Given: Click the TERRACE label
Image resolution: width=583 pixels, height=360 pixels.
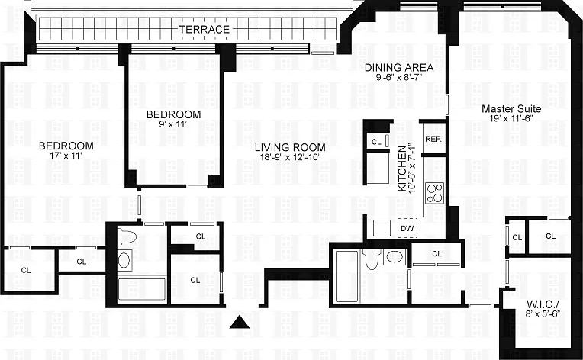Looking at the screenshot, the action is coord(204,29).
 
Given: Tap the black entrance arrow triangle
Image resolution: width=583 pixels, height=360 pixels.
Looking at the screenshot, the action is coord(240,322).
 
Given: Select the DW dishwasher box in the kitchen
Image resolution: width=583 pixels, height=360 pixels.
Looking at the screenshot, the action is coord(407,228).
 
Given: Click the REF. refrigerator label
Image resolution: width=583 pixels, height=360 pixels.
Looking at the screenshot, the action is coord(433,140).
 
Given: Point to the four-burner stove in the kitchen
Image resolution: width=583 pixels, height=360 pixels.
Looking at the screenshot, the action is coord(435,193).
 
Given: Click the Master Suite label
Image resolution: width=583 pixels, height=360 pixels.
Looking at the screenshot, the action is coord(511,109).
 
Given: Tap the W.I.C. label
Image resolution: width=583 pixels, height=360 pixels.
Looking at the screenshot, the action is coord(543,303).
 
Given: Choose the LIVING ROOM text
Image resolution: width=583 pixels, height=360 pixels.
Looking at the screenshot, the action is coord(290,147).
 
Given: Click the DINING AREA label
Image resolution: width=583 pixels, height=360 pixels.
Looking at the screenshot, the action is coord(399,68).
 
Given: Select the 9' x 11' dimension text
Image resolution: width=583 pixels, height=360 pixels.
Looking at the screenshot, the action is coord(173,124).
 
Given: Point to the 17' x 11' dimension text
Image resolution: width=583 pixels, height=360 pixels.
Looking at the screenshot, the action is coord(66,156).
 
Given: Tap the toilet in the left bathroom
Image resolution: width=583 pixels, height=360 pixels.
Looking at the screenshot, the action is coord(127,236).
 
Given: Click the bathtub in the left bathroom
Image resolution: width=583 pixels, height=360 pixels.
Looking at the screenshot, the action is coord(142,289).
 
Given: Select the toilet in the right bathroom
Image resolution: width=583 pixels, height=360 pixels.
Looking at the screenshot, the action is coord(372,259).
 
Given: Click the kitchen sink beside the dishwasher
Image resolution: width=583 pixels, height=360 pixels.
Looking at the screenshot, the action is coord(382,228).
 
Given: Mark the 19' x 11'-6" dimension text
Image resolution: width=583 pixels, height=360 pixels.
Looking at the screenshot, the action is coord(511,118).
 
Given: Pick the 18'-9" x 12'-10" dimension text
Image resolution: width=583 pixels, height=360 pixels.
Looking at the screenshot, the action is coord(290,157).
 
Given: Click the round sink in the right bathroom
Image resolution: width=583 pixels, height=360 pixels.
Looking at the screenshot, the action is coord(395,257).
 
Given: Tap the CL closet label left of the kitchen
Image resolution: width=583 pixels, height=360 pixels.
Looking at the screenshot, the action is coord(376,142).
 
